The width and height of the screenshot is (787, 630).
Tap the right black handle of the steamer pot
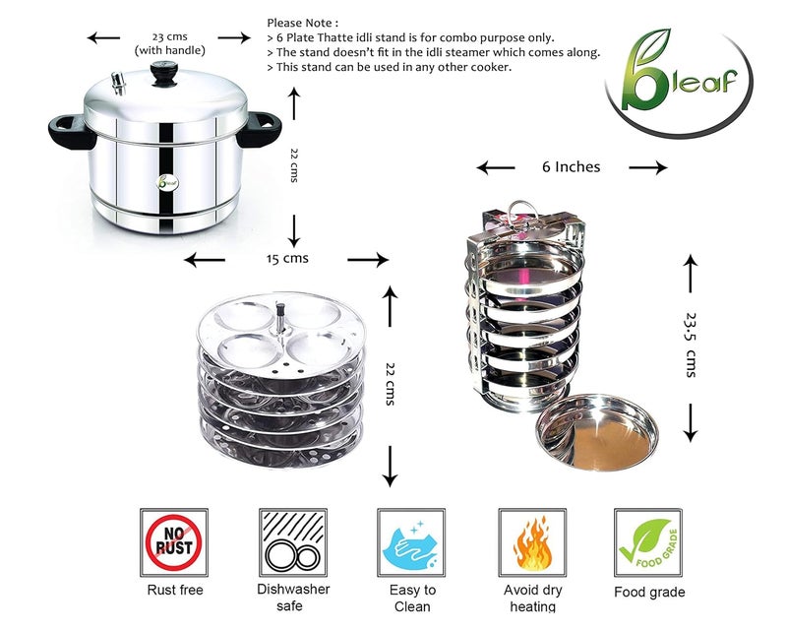260,128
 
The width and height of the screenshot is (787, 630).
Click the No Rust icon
174,542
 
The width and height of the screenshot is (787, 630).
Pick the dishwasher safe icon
292,542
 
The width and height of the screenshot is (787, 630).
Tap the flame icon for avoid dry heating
531,542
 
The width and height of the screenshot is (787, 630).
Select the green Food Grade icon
648,542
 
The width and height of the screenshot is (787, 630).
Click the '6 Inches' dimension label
572,167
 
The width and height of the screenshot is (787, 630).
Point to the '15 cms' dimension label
287,259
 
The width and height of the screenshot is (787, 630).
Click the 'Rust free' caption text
174,592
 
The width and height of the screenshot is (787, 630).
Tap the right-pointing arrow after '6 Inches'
647,168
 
